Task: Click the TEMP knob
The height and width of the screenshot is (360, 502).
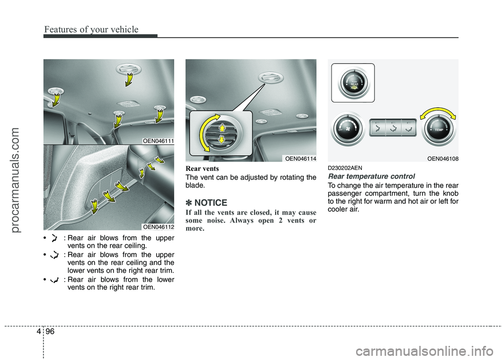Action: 439,129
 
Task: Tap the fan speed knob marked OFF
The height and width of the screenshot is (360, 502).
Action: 348,129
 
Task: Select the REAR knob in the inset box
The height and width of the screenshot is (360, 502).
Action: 354,82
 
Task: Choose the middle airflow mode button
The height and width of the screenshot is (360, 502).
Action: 392,128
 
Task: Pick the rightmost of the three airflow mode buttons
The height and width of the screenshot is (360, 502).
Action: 408,128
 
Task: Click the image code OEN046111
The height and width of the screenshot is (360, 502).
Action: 158,140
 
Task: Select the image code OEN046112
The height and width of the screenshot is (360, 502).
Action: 158,226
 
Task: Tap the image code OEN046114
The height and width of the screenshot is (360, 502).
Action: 300,158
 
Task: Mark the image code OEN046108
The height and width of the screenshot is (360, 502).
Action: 442,158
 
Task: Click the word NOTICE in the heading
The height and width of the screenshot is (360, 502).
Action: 211,203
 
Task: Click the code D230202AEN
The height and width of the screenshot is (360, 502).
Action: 346,167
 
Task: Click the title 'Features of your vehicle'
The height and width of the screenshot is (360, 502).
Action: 91,29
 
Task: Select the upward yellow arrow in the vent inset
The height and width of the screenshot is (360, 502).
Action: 222,127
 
